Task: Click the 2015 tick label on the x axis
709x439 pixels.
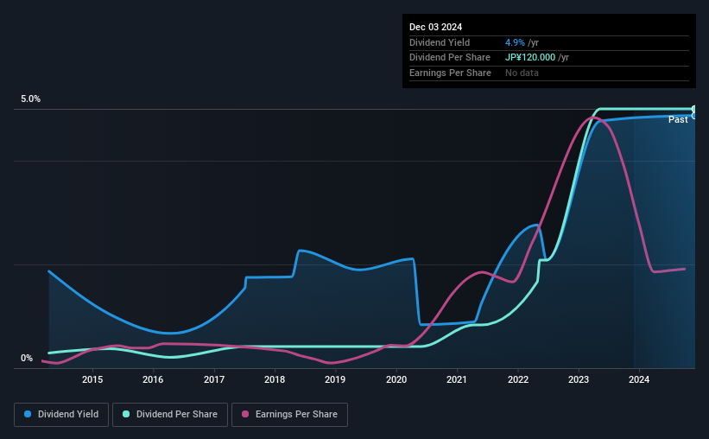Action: (x=92, y=379)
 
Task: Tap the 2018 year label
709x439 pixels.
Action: (x=275, y=379)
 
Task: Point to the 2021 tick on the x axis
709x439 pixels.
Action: (x=457, y=379)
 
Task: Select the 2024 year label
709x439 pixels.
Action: (x=639, y=379)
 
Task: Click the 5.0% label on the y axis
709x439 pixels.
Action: (x=30, y=99)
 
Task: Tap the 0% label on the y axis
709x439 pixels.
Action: (x=27, y=358)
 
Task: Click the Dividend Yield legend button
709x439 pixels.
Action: (x=61, y=415)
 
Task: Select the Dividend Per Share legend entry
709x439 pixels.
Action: (x=170, y=415)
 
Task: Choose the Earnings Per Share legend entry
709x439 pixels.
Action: (x=289, y=415)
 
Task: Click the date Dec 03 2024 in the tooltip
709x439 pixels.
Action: (x=435, y=27)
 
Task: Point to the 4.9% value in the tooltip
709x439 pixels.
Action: (x=515, y=42)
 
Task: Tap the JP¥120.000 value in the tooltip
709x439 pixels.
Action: (x=530, y=58)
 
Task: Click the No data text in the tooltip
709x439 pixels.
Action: (x=522, y=73)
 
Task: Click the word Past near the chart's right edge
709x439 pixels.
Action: (x=678, y=119)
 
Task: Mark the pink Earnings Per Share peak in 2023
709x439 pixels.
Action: (x=593, y=118)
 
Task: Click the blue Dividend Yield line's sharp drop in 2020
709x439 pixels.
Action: (x=416, y=292)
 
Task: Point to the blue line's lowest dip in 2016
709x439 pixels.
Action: (x=171, y=333)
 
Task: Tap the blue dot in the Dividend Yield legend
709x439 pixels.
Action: (x=28, y=414)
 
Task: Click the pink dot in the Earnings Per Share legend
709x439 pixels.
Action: (x=245, y=414)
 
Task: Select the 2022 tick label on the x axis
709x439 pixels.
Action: (x=518, y=379)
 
